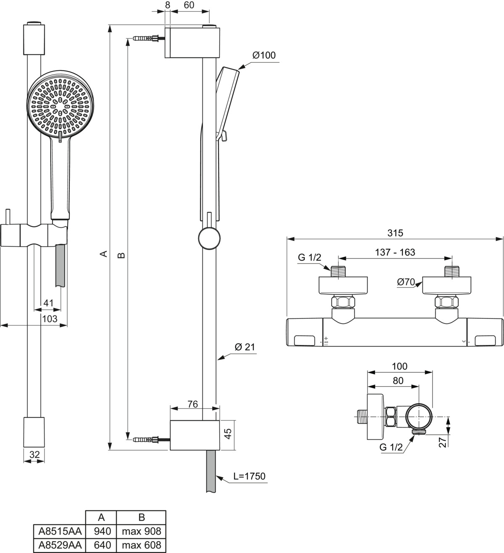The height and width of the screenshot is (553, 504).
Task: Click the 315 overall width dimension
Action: pos(395,233)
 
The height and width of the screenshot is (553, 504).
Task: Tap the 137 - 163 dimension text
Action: pos(395,252)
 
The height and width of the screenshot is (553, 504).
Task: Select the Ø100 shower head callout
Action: pos(264,55)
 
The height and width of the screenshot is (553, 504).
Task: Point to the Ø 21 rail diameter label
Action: pos(245,347)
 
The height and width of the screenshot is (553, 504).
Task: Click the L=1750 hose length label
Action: pos(249,476)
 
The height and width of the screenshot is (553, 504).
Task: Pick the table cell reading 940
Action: pos(102,531)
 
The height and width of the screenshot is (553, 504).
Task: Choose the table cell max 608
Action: pos(141,545)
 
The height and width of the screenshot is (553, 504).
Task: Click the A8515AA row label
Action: pos(60,531)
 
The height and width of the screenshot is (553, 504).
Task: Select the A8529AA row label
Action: pos(60,545)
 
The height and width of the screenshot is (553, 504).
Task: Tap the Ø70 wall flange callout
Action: pos(406,282)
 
